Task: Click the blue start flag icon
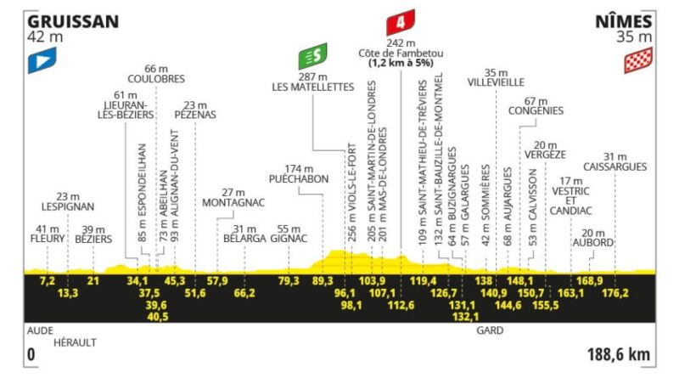click(x=42, y=60)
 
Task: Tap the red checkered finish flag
click(x=638, y=60)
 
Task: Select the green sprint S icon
click(x=312, y=56)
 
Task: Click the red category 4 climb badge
click(x=401, y=22)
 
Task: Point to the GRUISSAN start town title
click(x=73, y=22)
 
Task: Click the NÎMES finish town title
click(x=623, y=20)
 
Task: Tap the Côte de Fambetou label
click(x=401, y=54)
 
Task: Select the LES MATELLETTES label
click(x=312, y=87)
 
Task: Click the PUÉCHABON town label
click(x=299, y=179)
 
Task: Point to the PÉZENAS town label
click(x=195, y=115)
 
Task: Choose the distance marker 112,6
click(x=401, y=305)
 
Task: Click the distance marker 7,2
click(x=48, y=281)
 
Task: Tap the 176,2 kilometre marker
click(x=614, y=293)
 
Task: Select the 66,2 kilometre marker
click(x=244, y=293)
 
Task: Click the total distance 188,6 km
click(x=619, y=354)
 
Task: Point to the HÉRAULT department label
click(x=75, y=342)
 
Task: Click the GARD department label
click(x=490, y=330)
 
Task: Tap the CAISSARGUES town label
click(x=614, y=166)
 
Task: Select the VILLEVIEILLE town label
click(x=496, y=82)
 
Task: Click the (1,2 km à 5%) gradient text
click(x=401, y=64)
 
